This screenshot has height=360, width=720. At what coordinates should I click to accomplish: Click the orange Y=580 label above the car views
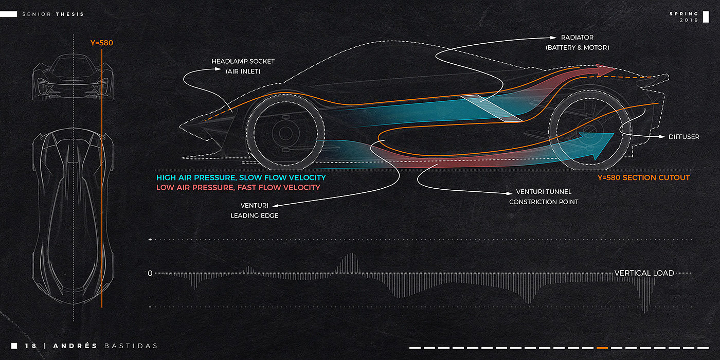(x=101, y=43)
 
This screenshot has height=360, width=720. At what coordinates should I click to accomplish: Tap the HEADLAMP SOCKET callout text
(x=243, y=61)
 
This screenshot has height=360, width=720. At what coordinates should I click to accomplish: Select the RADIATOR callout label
(x=577, y=38)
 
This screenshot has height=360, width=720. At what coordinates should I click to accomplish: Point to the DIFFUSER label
(x=683, y=137)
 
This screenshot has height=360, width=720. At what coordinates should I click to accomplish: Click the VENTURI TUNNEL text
(x=544, y=192)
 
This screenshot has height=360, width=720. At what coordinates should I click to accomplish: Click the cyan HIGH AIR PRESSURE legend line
(x=241, y=177)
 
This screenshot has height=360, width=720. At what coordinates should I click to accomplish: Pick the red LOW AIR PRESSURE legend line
(x=238, y=188)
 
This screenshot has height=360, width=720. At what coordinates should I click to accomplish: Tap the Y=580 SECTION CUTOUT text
(x=643, y=177)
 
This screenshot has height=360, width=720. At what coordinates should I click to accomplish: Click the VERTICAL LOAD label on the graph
(x=644, y=273)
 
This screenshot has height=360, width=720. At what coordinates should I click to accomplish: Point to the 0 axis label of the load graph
(x=150, y=273)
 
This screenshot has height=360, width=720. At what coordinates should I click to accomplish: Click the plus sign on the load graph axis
(x=150, y=240)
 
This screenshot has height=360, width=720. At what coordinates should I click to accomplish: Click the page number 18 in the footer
(x=31, y=346)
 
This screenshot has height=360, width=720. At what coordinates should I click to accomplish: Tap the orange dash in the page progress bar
(x=602, y=348)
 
